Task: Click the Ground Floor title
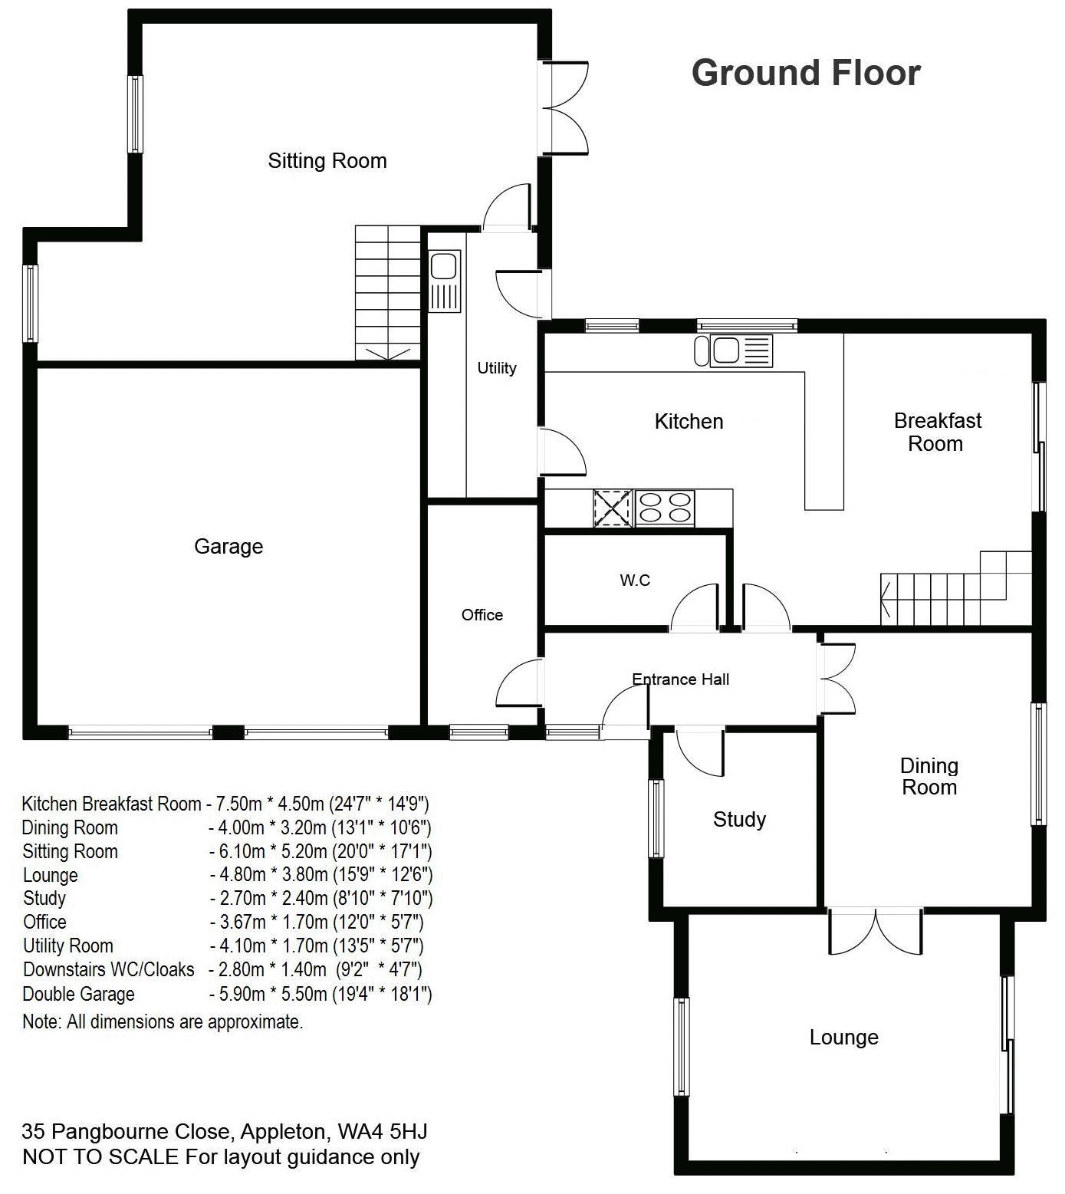[806, 73]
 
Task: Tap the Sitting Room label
[327, 161]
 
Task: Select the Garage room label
[228, 547]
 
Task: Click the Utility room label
[497, 368]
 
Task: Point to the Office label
[482, 615]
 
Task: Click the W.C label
[635, 581]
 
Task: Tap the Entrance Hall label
[681, 679]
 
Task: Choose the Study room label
[740, 820]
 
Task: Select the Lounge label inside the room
[844, 1038]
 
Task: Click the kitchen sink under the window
[734, 351]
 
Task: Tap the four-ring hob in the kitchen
[664, 508]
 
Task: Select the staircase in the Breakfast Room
[955, 588]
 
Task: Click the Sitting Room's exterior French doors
[565, 108]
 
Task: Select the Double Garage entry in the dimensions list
[78, 995]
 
